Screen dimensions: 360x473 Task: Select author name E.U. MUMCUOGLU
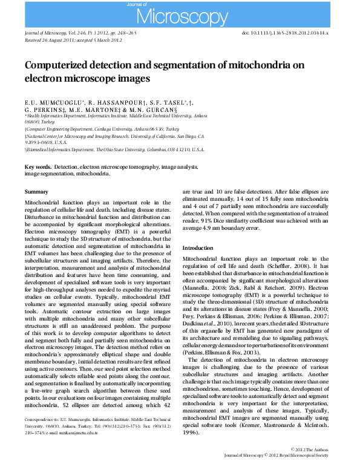[51, 103]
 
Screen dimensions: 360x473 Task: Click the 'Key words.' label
[38, 166]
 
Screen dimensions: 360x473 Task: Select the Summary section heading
[36, 192]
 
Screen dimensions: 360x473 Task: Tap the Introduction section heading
[200, 248]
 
